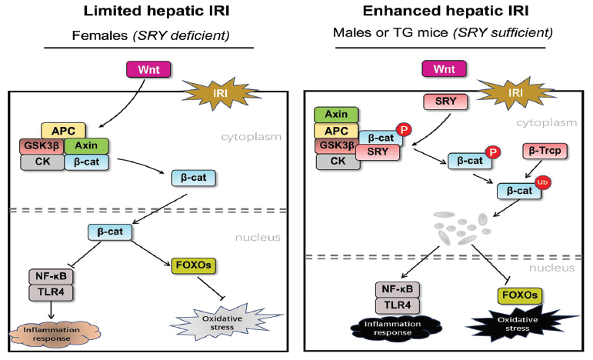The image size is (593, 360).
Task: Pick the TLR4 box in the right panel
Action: (398, 305)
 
